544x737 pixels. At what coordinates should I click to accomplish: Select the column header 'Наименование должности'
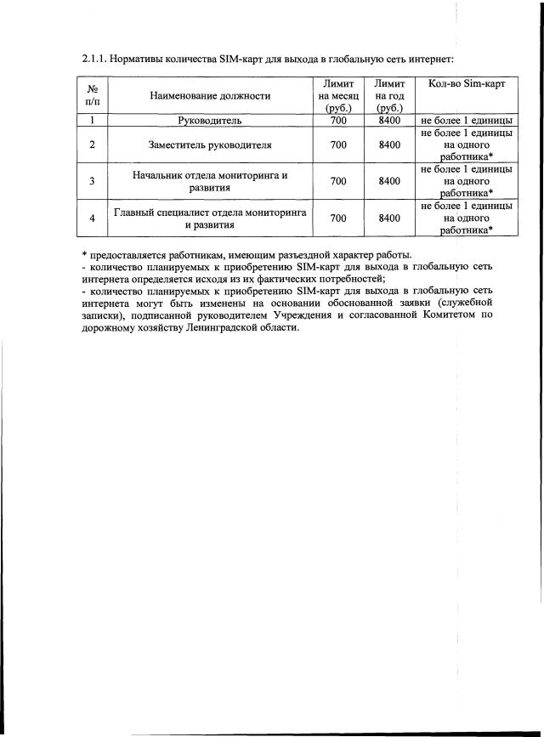(210, 96)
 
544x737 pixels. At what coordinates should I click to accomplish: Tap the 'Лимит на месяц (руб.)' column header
(338, 96)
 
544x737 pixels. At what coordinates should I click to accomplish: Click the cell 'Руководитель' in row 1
(210, 121)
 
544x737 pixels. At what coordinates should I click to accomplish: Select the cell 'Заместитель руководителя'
(210, 145)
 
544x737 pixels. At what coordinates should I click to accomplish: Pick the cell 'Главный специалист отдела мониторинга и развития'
(210, 218)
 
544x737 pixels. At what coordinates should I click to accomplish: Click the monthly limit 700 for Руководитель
(338, 121)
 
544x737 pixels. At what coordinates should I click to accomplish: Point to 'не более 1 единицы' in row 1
(466, 121)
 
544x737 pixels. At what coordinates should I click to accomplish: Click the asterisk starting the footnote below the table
(85, 255)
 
